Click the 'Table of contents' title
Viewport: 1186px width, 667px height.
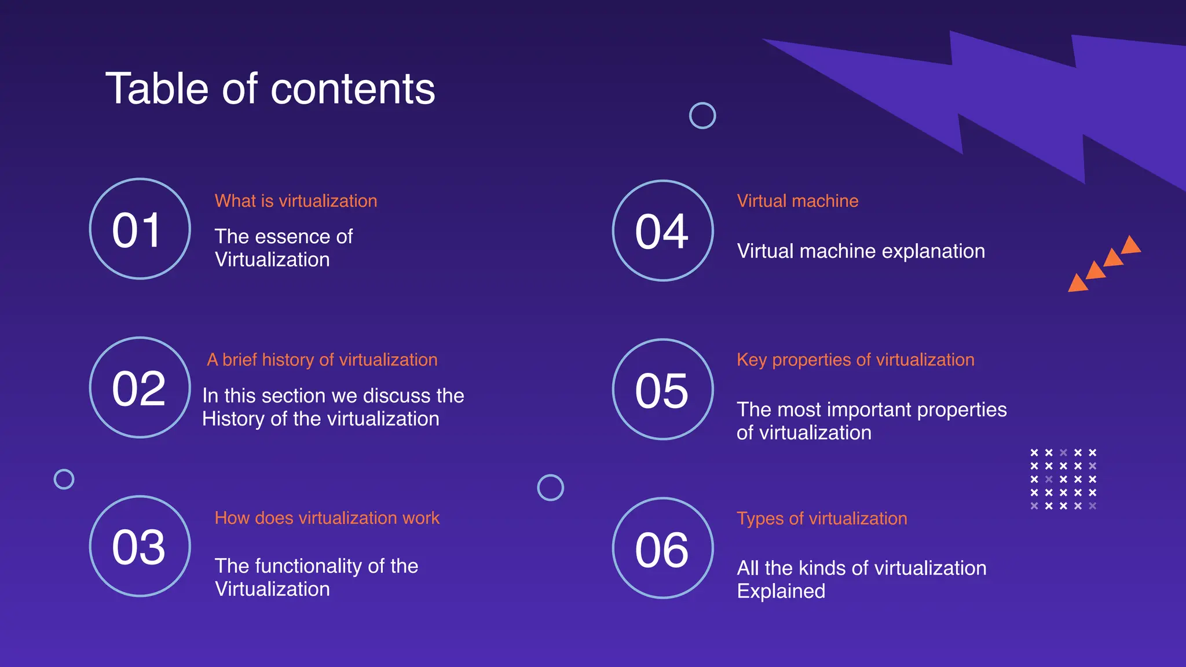pos(270,89)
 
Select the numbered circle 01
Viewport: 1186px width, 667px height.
pos(140,229)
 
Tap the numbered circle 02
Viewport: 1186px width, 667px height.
pos(140,387)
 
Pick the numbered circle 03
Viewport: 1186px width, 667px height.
pos(140,546)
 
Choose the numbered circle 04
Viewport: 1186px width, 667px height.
pos(662,231)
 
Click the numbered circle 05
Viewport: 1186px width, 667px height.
pos(662,389)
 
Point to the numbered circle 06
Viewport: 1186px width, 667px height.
pos(662,548)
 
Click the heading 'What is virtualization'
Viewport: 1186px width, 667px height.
pos(296,201)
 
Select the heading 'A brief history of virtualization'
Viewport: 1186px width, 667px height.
pos(322,360)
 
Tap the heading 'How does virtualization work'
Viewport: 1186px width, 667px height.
pos(327,518)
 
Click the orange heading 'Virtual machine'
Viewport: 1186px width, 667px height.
pos(797,201)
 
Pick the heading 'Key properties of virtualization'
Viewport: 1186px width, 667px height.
pos(855,360)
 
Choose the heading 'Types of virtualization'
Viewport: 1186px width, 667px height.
pos(822,518)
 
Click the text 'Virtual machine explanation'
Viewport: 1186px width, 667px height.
pos(861,251)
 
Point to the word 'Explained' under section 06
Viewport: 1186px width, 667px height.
pos(781,591)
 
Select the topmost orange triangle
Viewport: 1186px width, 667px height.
pos(1131,245)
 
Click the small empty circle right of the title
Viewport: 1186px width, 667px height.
pos(702,116)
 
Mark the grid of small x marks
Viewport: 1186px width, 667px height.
pos(1063,479)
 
